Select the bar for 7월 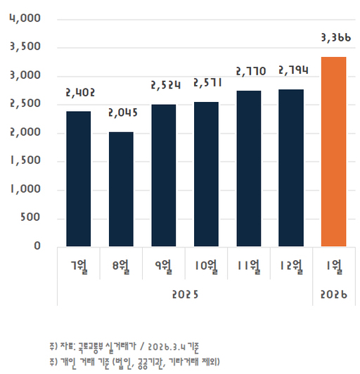(78, 179)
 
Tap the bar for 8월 (120, 189)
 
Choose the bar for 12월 (291, 168)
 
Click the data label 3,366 (335, 38)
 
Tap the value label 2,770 (249, 71)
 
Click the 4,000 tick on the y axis (26, 18)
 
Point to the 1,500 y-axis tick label (26, 161)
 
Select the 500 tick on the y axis (32, 218)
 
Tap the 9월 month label (163, 266)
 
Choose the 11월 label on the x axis (249, 266)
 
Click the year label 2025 (185, 293)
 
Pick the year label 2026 (334, 293)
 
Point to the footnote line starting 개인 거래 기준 (134, 361)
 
